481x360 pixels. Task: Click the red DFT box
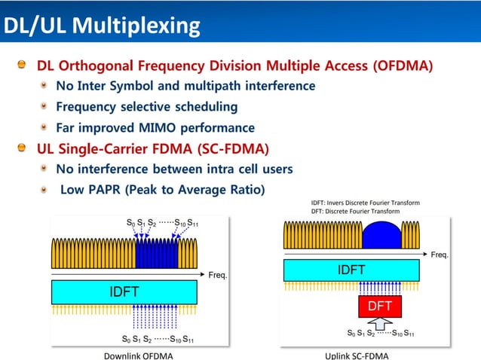[379, 307]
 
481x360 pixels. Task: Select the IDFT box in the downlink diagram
[124, 292]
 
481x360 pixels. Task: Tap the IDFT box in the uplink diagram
[351, 270]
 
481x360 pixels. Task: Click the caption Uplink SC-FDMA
[357, 355]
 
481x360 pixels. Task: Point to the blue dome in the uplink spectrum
[384, 235]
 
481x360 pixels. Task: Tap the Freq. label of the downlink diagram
[218, 275]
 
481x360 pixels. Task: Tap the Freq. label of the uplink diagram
[440, 255]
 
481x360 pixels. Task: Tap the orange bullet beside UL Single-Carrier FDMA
[24, 148]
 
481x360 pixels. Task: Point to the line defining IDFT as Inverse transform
[366, 203]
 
